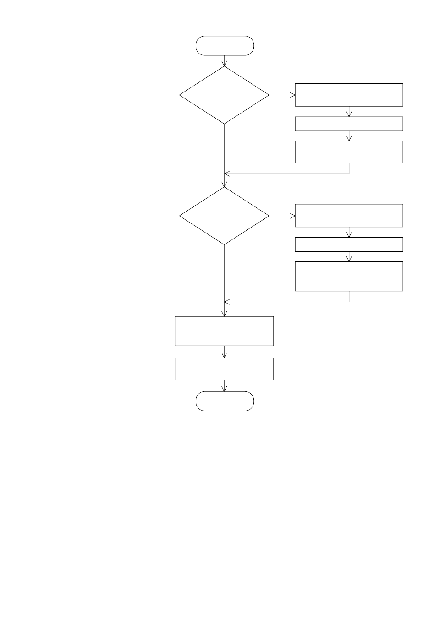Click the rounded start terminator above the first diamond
tap(225, 46)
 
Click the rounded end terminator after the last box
tap(225, 401)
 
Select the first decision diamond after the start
tap(225, 95)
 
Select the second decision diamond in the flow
tap(225, 215)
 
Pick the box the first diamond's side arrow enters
tap(349, 95)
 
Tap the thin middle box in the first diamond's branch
tap(349, 124)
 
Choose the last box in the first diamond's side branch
tap(349, 152)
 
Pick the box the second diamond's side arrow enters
tap(349, 215)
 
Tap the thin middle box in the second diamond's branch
tap(349, 244)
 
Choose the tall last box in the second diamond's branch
tap(349, 276)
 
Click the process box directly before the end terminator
tap(225, 369)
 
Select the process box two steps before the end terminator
tap(225, 331)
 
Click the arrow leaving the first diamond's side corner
tap(282, 95)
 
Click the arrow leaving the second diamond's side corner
tap(282, 215)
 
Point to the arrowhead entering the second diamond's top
tap(225, 185)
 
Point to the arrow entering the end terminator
tap(225, 386)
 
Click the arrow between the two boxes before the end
tap(225, 352)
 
